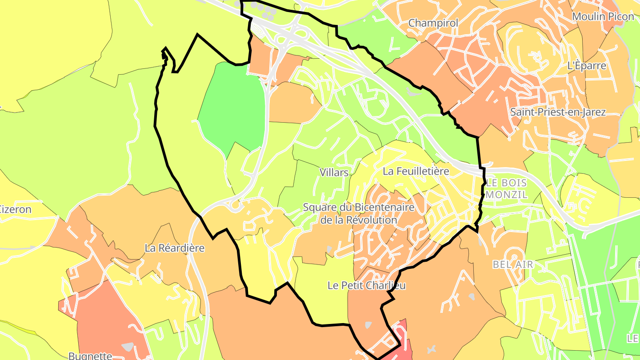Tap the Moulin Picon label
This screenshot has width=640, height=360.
point(603,16)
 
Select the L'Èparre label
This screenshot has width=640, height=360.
point(587,66)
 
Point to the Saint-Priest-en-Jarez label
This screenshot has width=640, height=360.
point(558,112)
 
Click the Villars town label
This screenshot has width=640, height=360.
point(334,172)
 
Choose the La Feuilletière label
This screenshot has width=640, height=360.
point(416,171)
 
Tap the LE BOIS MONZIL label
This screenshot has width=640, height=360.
point(507,189)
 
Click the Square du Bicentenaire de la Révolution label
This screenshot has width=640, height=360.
point(359,213)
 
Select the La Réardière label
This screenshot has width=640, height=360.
point(175,248)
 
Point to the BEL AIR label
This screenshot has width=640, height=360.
point(512,264)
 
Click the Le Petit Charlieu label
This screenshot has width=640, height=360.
point(367,285)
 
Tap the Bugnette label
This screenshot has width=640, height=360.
point(90,356)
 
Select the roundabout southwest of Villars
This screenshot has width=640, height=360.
point(235,205)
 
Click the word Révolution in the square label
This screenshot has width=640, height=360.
point(359,220)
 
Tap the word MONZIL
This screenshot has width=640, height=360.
point(507,195)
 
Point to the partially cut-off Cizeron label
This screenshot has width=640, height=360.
point(16,209)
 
